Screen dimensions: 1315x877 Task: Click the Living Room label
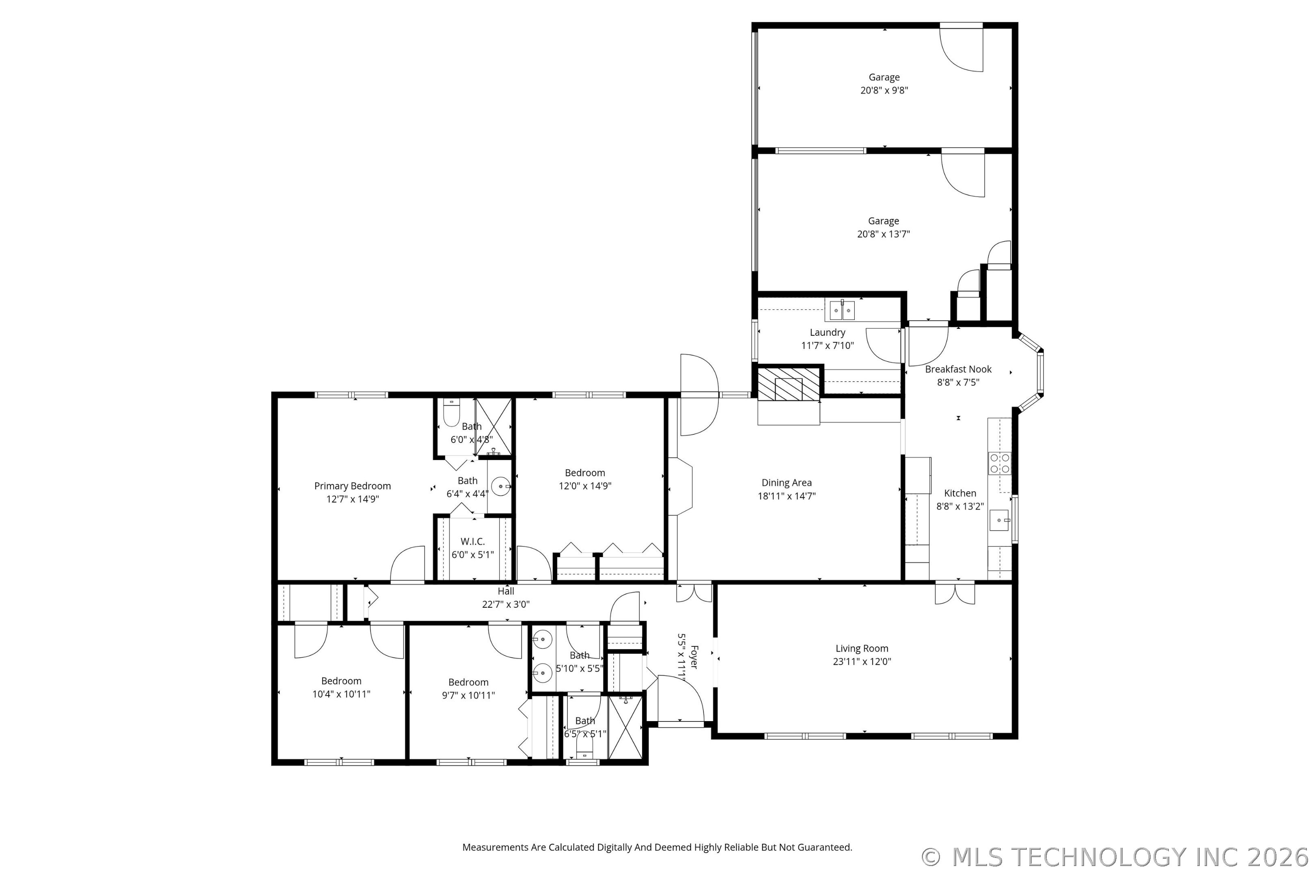pos(862,648)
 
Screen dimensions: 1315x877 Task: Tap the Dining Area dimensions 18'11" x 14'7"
pos(787,496)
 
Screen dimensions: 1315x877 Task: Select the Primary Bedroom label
pos(352,486)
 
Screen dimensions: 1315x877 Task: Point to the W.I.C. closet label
pos(472,541)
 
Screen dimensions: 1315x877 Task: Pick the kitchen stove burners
pos(1000,463)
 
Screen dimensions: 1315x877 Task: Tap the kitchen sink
pos(1000,520)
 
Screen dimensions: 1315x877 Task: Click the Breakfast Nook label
pos(958,369)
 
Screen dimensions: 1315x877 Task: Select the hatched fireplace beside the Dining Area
pos(788,384)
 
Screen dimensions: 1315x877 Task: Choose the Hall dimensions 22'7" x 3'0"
pos(506,604)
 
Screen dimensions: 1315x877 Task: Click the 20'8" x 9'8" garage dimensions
pos(884,90)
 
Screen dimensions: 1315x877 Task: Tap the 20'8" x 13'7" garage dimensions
pos(884,234)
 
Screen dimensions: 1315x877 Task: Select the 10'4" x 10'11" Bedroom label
pos(341,680)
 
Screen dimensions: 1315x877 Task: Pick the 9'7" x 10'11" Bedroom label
pos(468,682)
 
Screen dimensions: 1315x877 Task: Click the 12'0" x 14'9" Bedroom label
pos(585,473)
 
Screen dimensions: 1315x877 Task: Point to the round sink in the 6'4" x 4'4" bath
pos(500,486)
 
